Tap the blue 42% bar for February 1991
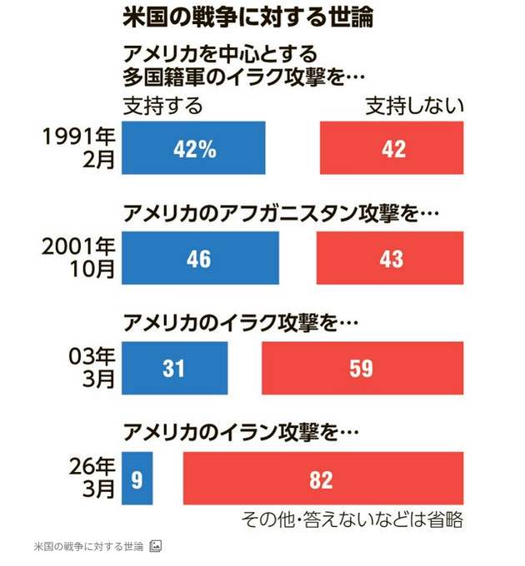point(193,148)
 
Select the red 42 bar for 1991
point(391,148)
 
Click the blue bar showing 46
point(200,258)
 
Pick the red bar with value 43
point(389,258)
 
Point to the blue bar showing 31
point(174,368)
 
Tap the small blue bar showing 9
point(137,479)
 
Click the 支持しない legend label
point(414,107)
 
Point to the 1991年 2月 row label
point(80,148)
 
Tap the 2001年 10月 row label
point(80,258)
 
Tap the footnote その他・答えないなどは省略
point(351,520)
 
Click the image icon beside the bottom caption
point(156,546)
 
